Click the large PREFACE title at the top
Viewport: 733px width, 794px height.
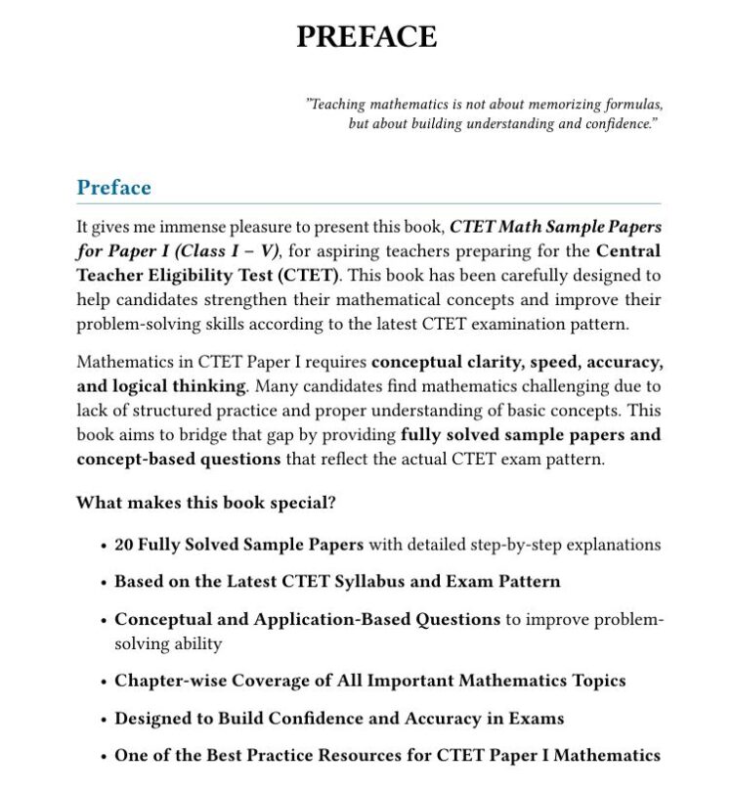[x=366, y=37]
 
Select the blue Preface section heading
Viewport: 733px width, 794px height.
[x=113, y=188]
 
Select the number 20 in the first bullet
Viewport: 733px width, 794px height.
[x=124, y=545]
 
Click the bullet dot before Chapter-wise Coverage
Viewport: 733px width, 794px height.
[x=103, y=682]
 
